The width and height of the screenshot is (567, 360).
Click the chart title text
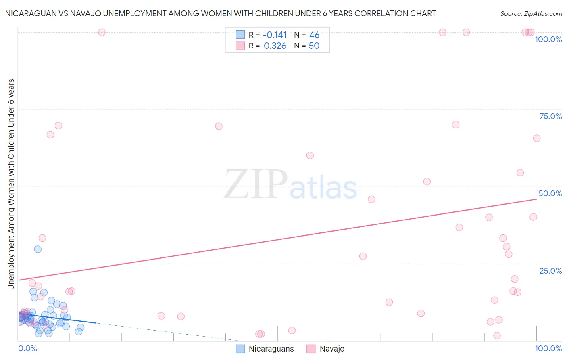[x=221, y=13]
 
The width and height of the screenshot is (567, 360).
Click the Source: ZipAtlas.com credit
[x=531, y=13]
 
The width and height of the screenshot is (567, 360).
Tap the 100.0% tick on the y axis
[x=548, y=39]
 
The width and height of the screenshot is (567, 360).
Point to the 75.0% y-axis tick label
[x=550, y=116]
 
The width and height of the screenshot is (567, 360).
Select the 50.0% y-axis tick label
[x=550, y=193]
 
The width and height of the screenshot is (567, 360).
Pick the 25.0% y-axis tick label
[x=550, y=270]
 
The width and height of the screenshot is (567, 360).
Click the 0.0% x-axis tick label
[x=27, y=348]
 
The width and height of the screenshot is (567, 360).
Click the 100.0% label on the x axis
[x=548, y=348]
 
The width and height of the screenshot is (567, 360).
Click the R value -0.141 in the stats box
[x=275, y=35]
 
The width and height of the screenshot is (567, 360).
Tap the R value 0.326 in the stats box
[x=275, y=46]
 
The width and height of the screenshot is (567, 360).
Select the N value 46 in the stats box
[x=314, y=35]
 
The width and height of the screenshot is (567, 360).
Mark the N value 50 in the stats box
[x=314, y=46]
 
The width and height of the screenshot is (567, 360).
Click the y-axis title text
[x=11, y=184]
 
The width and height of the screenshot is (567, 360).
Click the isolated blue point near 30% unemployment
[x=38, y=249]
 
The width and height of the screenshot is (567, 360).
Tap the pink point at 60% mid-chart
[x=310, y=155]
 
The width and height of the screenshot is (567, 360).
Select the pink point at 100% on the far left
[x=102, y=32]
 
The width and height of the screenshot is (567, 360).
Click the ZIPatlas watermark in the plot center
[x=290, y=184]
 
